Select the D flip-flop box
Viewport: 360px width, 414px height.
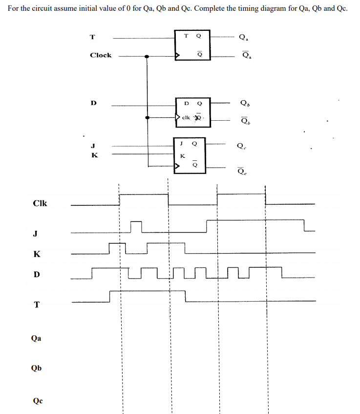(193, 112)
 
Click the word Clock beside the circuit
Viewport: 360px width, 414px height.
(101, 55)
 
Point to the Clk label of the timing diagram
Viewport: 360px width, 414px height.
(40, 203)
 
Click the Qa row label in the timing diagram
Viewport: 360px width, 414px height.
(36, 338)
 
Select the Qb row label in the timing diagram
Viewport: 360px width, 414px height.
(36, 369)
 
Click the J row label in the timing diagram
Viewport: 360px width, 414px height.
(35, 233)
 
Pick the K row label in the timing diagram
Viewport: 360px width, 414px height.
(37, 254)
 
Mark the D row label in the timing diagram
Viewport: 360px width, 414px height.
(36, 274)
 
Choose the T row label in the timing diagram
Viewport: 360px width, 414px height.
(36, 305)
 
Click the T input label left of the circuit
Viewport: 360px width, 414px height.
(93, 37)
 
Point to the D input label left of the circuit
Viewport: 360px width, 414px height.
(93, 103)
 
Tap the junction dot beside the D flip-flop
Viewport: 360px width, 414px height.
(148, 118)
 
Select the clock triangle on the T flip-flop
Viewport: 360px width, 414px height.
(178, 57)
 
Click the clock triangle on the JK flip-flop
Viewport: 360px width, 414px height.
(178, 166)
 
